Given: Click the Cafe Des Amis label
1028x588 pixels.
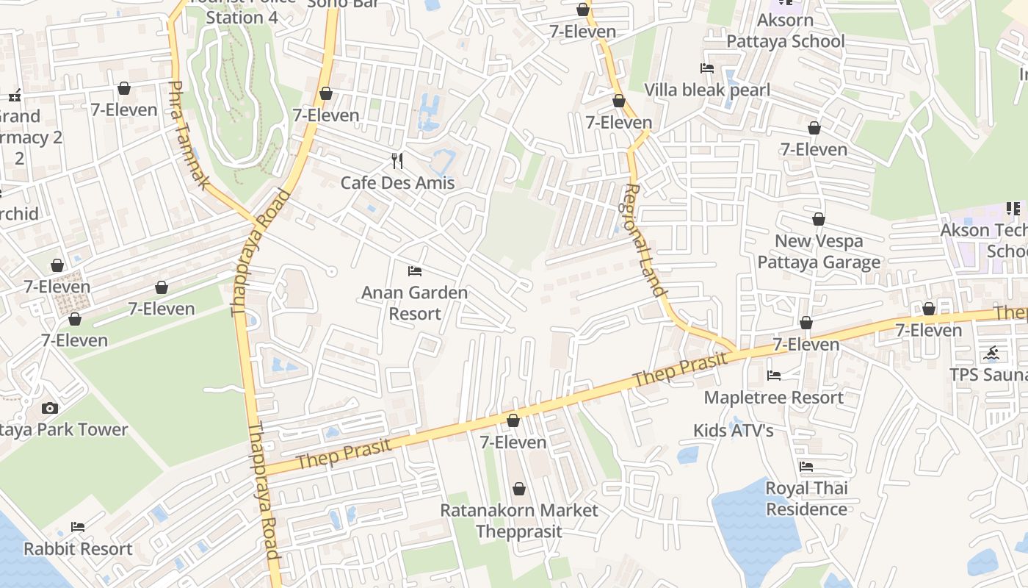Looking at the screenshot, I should pyautogui.click(x=397, y=183).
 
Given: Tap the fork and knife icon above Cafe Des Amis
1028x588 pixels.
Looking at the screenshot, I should pyautogui.click(x=397, y=161).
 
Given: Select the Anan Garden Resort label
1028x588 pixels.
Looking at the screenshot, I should pyautogui.click(x=414, y=303).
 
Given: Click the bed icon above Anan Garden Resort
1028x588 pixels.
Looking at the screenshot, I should pyautogui.click(x=415, y=271).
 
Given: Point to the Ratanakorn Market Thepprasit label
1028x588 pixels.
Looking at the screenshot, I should pyautogui.click(x=519, y=520).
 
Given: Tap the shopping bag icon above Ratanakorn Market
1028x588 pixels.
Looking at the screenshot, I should pyautogui.click(x=519, y=489).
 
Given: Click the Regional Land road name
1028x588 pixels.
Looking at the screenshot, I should pyautogui.click(x=645, y=240).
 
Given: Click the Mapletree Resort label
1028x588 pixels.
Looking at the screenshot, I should pyautogui.click(x=774, y=398).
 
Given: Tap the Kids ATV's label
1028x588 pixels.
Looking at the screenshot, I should pyautogui.click(x=734, y=430).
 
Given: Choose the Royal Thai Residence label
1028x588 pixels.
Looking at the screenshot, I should pyautogui.click(x=806, y=498).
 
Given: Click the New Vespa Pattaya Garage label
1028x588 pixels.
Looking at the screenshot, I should pyautogui.click(x=819, y=251).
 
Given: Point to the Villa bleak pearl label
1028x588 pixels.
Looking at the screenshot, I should pyautogui.click(x=707, y=90).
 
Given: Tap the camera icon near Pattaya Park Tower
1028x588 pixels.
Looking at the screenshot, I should pyautogui.click(x=49, y=408).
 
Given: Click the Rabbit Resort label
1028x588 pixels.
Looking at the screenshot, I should pyautogui.click(x=78, y=549).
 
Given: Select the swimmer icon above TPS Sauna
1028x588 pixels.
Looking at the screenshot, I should pyautogui.click(x=992, y=354).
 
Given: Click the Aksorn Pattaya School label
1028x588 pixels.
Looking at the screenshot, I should pyautogui.click(x=786, y=30).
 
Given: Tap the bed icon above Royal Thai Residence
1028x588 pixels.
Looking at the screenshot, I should pyautogui.click(x=806, y=467).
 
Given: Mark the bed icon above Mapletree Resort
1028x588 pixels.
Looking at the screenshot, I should pyautogui.click(x=774, y=376).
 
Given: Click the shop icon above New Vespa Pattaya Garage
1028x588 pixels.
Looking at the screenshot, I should pyautogui.click(x=819, y=219).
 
